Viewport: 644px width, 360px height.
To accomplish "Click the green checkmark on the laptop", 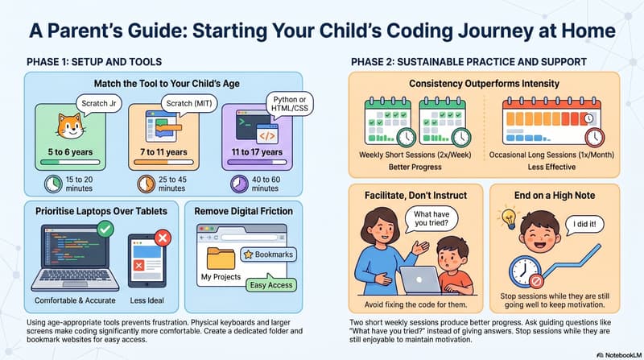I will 105,230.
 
